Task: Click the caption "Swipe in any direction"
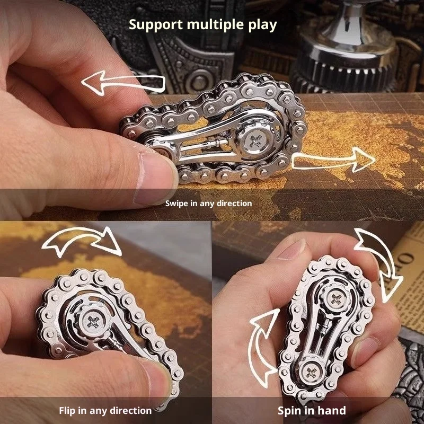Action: click(x=208, y=203)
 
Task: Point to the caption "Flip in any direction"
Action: click(x=105, y=410)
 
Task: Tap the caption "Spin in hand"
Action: click(x=312, y=410)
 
